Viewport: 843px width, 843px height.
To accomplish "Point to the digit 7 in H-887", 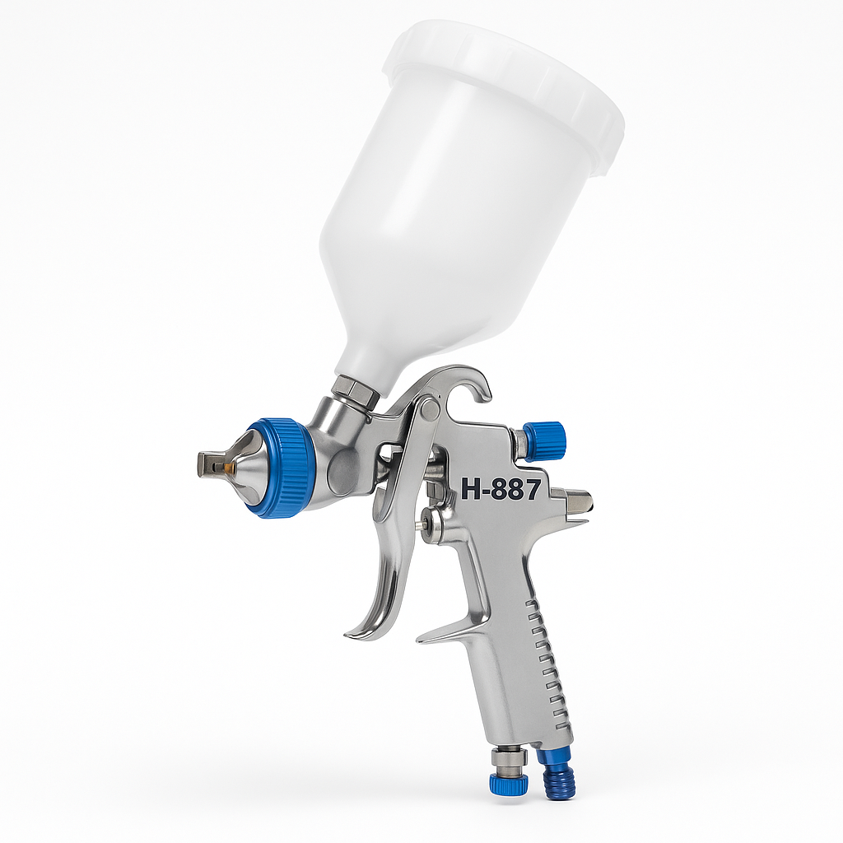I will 530,490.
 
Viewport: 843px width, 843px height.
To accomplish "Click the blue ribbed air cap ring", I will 283,468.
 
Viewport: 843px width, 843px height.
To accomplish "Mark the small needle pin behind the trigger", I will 425,521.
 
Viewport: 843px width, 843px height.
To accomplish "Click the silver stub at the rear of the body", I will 574,499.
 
